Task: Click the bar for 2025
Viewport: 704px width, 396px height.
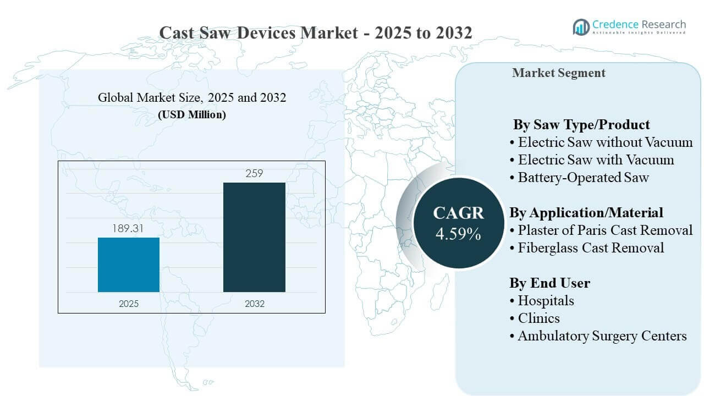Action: [x=129, y=265]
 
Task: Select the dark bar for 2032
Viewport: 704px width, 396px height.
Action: [x=254, y=237]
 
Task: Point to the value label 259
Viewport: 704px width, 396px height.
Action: [x=254, y=173]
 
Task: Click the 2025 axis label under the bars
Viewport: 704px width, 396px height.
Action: [x=129, y=304]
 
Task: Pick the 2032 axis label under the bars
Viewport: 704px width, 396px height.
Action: [x=254, y=304]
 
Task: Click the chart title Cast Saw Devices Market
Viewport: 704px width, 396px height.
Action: [x=315, y=32]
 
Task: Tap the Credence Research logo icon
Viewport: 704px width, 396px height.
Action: [x=581, y=26]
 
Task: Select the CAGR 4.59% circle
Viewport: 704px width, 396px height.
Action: [x=458, y=223]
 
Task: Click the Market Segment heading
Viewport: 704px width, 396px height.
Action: [x=558, y=73]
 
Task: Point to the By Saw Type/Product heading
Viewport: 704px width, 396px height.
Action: [x=581, y=124]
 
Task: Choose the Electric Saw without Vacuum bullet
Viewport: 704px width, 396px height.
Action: [x=605, y=142]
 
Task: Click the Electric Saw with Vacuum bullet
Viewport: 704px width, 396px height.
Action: [x=596, y=159]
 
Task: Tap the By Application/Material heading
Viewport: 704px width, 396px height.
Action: [x=586, y=212]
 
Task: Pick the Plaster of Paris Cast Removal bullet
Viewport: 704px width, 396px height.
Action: [x=605, y=230]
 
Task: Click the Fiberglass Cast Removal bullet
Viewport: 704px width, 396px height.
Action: [x=591, y=248]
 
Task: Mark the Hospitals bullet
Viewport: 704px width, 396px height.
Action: [x=546, y=300]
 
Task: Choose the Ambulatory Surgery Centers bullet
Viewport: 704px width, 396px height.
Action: [x=602, y=335]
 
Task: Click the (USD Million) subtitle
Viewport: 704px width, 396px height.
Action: [x=192, y=115]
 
